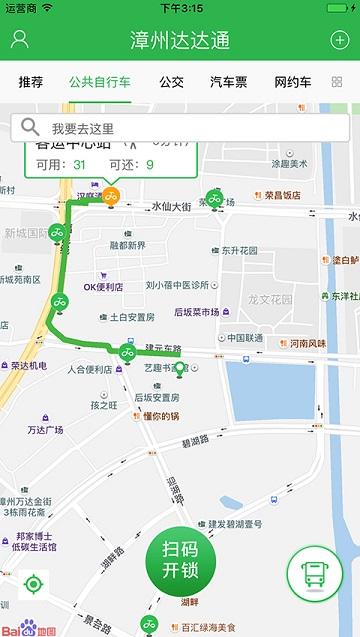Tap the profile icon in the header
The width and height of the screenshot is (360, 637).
click(x=19, y=40)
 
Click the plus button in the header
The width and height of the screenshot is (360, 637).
click(x=339, y=40)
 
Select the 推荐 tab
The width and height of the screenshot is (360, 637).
click(x=31, y=82)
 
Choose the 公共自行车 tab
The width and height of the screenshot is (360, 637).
click(x=99, y=82)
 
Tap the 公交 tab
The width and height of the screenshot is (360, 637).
click(x=171, y=82)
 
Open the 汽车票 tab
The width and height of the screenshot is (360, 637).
click(x=230, y=82)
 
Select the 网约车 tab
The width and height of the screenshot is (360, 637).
click(x=293, y=82)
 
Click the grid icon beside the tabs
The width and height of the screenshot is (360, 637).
click(x=336, y=82)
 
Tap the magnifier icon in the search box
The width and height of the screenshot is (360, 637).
click(x=31, y=127)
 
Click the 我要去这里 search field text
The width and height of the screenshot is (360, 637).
click(x=83, y=128)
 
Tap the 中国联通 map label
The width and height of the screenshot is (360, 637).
click(x=245, y=338)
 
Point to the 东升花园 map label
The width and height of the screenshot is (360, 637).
click(x=240, y=250)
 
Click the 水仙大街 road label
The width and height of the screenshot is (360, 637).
click(x=171, y=207)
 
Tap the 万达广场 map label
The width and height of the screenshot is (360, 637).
click(x=45, y=430)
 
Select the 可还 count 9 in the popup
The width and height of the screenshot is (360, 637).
click(x=150, y=165)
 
